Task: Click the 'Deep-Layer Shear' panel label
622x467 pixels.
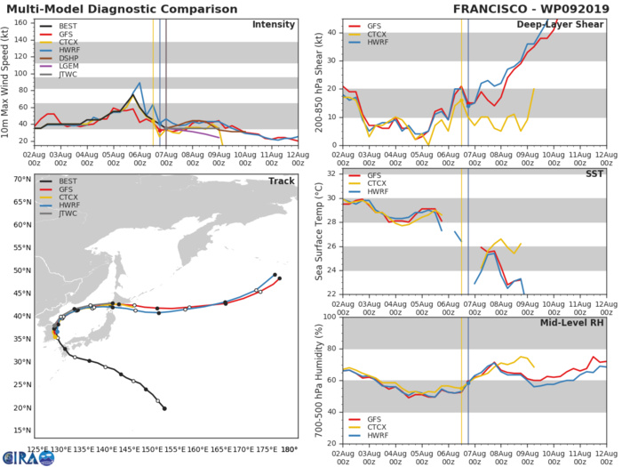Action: click(x=559, y=24)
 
